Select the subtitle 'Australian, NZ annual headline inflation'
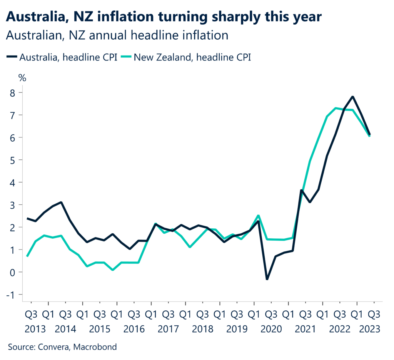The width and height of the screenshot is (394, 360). tap(117, 35)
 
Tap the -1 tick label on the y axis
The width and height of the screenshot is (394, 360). tap(11, 295)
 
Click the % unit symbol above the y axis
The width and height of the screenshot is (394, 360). tap(22, 78)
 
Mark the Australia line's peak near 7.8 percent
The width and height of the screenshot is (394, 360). tap(352, 97)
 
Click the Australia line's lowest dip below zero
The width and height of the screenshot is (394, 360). tap(267, 279)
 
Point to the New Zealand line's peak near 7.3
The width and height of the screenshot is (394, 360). tap(336, 108)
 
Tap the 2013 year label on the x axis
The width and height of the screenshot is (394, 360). tap(35, 330)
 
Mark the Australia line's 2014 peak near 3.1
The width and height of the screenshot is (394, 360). tap(61, 202)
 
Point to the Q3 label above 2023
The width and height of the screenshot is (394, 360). tap(373, 315)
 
